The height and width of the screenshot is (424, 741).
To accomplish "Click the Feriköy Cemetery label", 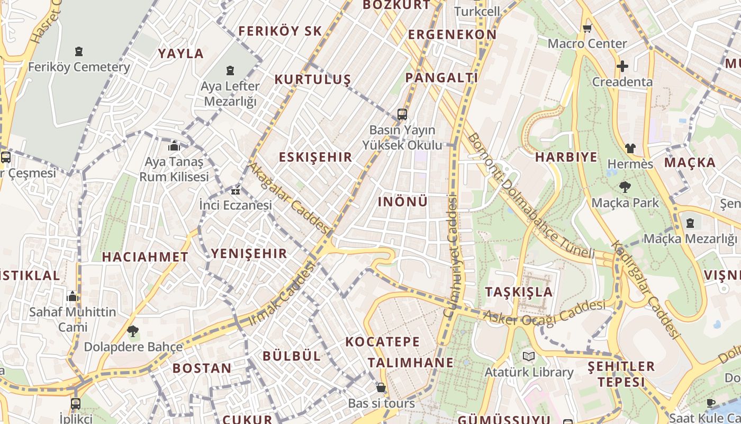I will [x=79, y=67].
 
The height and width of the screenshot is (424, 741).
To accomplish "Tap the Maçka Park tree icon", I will [x=625, y=187].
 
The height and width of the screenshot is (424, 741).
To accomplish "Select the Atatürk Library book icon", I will [x=528, y=356].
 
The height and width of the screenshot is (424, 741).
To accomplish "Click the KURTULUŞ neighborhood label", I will [x=312, y=79].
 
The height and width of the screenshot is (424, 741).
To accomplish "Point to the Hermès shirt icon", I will [x=630, y=148].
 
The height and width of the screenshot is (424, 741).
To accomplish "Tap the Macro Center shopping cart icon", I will [x=587, y=29].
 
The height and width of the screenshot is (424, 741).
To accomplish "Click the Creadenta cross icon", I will [x=622, y=66].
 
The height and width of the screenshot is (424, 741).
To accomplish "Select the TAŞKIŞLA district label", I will [x=519, y=292].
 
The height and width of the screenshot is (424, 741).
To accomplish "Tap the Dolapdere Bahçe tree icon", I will [x=133, y=332].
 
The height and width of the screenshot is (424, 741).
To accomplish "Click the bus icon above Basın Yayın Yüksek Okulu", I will [x=402, y=114].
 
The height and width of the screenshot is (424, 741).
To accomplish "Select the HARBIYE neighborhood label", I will [x=566, y=157].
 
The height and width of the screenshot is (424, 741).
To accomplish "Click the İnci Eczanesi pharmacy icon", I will [x=236, y=191].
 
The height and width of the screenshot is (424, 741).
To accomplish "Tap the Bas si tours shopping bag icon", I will [x=381, y=388].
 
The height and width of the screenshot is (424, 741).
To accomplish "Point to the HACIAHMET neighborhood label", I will [x=145, y=257].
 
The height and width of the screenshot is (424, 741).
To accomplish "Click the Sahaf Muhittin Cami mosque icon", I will [x=73, y=296].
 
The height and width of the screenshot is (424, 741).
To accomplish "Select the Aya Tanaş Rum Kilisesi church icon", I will [x=174, y=146].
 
